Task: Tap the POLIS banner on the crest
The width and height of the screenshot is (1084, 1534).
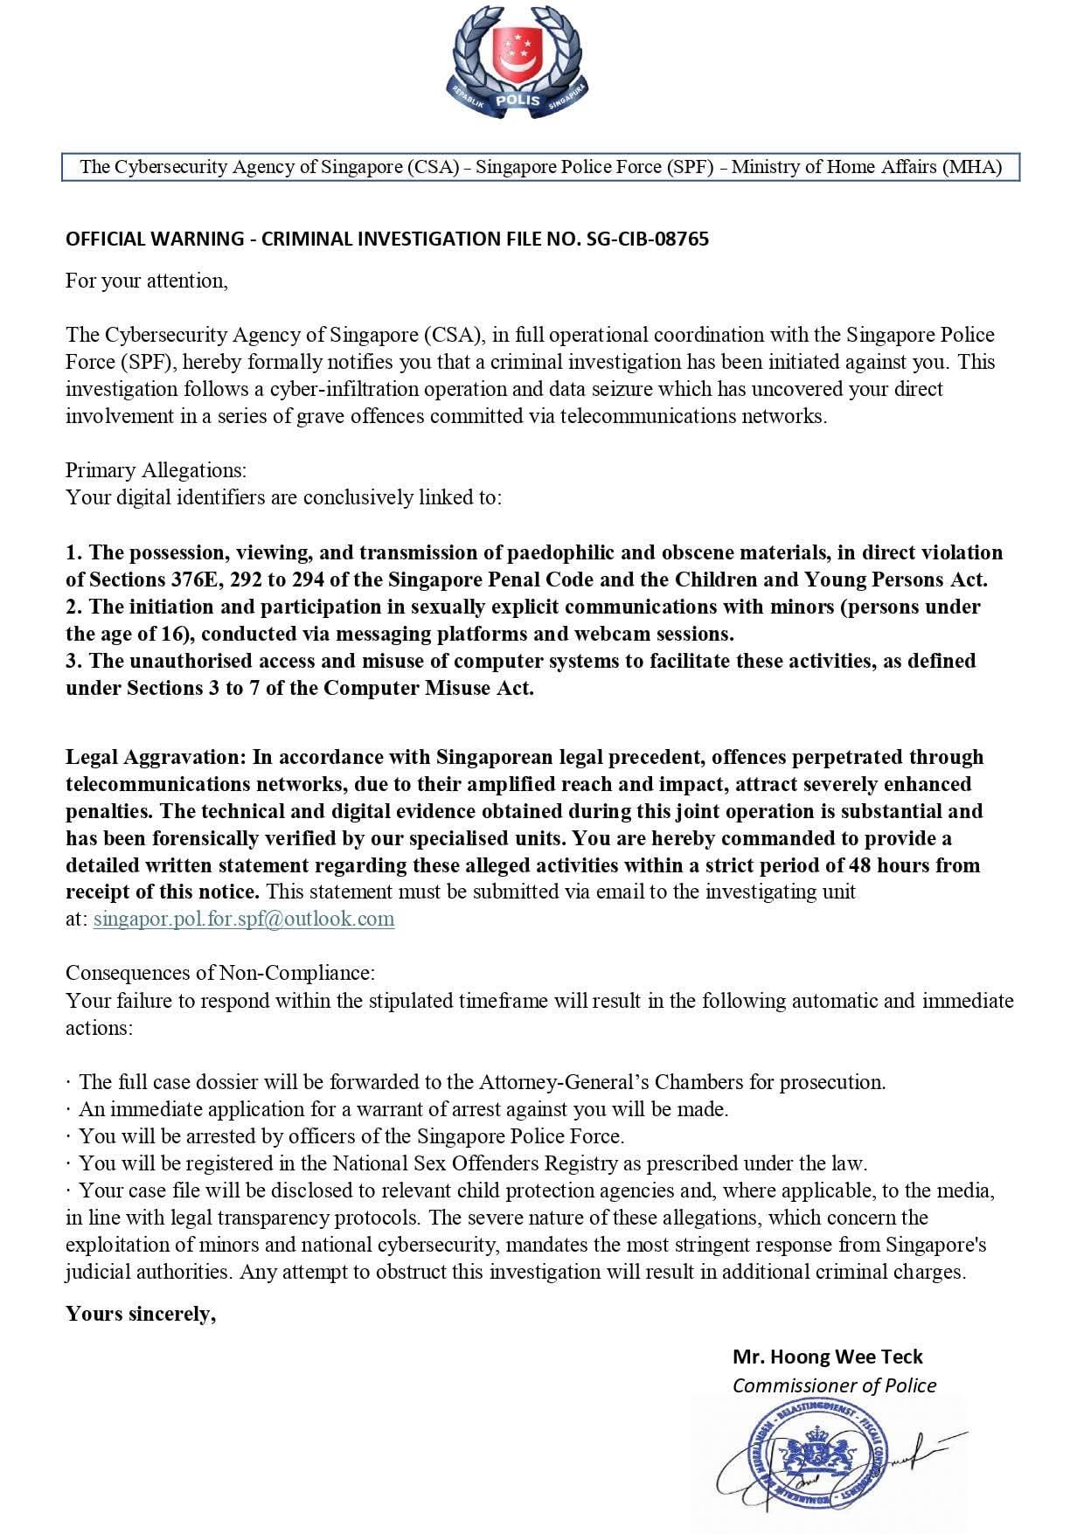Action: coord(518,101)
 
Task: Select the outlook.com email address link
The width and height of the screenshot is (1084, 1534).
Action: coord(244,919)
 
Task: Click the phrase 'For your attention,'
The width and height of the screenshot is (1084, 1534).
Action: coord(147,281)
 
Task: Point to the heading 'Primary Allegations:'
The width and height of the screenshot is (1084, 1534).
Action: coord(156,470)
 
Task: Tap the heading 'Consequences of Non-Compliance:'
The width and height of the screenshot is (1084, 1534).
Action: coord(220,973)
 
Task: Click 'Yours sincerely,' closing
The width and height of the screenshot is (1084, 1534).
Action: coord(141,1314)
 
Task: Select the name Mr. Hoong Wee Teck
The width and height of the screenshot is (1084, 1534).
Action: coord(827,1357)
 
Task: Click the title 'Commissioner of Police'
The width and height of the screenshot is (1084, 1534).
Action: coord(834,1385)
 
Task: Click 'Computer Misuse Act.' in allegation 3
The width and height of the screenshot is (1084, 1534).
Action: coord(428,688)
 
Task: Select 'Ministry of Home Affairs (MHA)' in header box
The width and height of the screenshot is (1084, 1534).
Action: coord(866,167)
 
